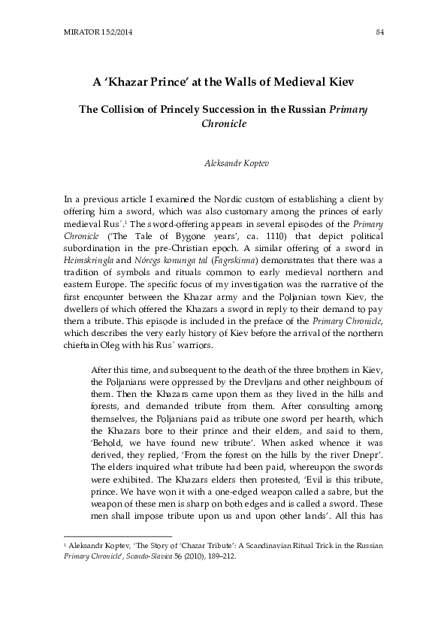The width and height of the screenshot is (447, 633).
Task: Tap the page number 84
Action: click(379, 30)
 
